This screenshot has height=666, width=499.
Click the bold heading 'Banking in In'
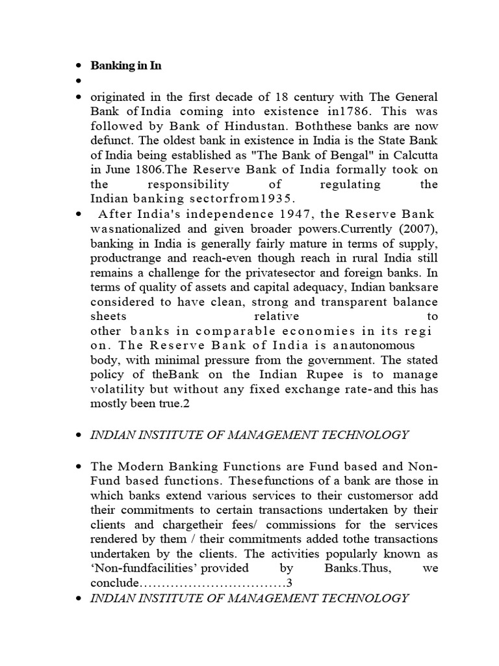tap(125, 66)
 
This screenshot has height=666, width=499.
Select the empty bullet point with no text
tap(79, 81)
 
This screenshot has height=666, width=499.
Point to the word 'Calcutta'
tap(414, 155)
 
